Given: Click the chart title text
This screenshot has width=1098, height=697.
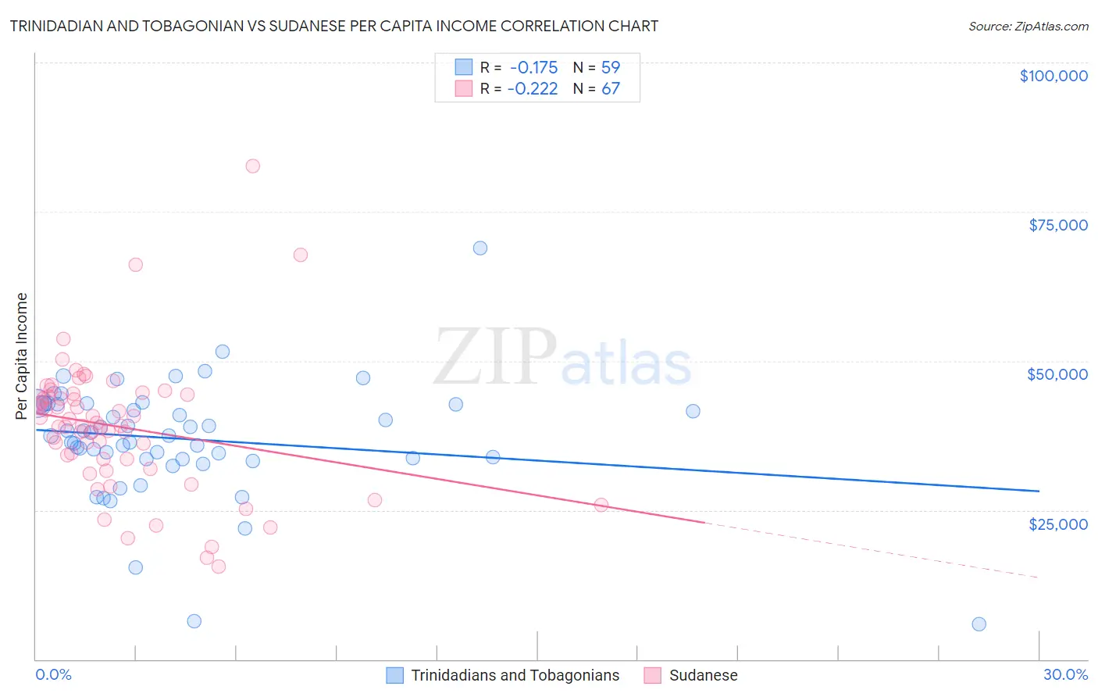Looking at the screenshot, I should point(333,26).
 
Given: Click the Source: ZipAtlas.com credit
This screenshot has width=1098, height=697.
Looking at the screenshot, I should point(1028,26).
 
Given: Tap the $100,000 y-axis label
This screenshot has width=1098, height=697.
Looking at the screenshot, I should point(1053,76).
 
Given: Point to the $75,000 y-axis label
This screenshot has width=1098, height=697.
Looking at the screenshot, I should point(1058,225).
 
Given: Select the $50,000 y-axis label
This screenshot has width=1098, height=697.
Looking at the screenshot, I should point(1057,374).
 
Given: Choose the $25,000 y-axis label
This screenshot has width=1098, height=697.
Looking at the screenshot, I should point(1058,524).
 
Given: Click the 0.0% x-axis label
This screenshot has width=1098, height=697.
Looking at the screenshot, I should point(53,674).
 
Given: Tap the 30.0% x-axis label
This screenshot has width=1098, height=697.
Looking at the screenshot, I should point(1065,674).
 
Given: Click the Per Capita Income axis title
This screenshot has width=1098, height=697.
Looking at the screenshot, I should point(21,356).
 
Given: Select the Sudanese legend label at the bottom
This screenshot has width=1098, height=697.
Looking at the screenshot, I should point(703,675).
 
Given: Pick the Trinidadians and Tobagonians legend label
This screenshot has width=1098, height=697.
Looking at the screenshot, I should point(515,675).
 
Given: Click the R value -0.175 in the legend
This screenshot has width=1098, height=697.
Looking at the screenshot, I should point(533,67).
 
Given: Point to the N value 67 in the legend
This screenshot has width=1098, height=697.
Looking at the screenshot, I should point(611,88).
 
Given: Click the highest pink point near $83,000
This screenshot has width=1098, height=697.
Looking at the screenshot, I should point(252,166).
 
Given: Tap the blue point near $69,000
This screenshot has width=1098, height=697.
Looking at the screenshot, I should point(480,248).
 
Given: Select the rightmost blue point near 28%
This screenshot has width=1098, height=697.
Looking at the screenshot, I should point(979,624).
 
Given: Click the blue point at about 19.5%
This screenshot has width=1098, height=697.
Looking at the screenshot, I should point(693,411).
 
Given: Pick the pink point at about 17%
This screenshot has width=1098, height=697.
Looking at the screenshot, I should point(601,505).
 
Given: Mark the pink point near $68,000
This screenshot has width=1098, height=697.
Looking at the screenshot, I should point(301,255).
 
